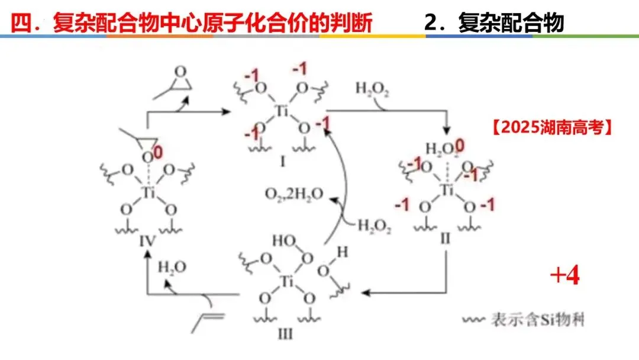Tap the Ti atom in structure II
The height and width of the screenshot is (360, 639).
(448, 189)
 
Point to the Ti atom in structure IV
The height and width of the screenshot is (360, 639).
(148, 192)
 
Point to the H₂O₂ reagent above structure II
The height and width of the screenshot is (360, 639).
(371, 89)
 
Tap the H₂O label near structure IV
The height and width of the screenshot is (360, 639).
(172, 267)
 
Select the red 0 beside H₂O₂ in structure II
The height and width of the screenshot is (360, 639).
(460, 144)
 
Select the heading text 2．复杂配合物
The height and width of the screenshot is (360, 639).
(494, 22)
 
